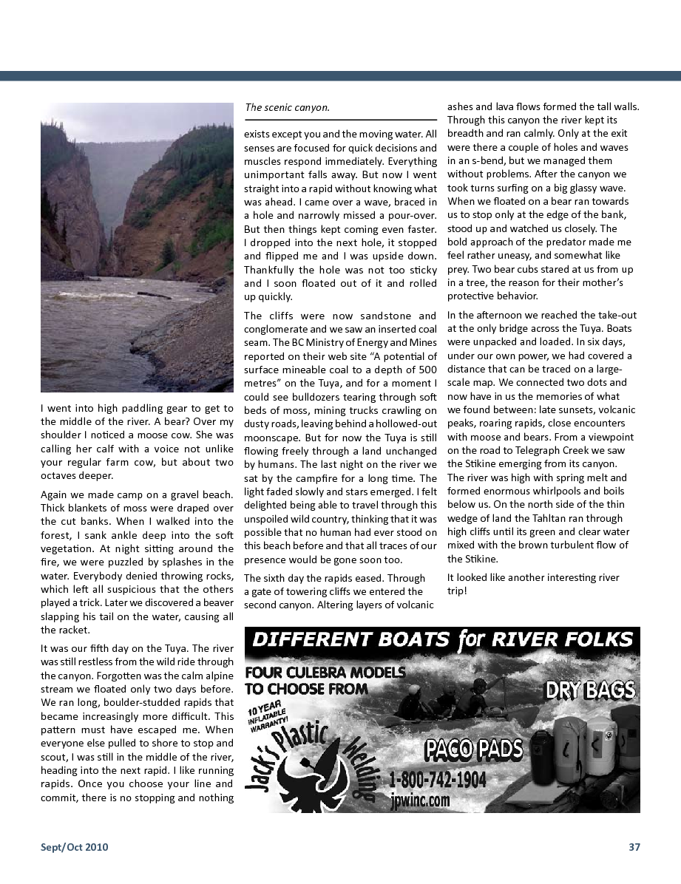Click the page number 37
(x=634, y=847)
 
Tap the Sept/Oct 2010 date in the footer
(x=74, y=847)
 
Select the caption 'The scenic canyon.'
(x=287, y=107)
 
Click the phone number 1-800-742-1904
(x=437, y=781)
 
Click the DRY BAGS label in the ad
(x=590, y=691)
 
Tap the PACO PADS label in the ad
(x=473, y=750)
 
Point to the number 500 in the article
(x=427, y=369)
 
